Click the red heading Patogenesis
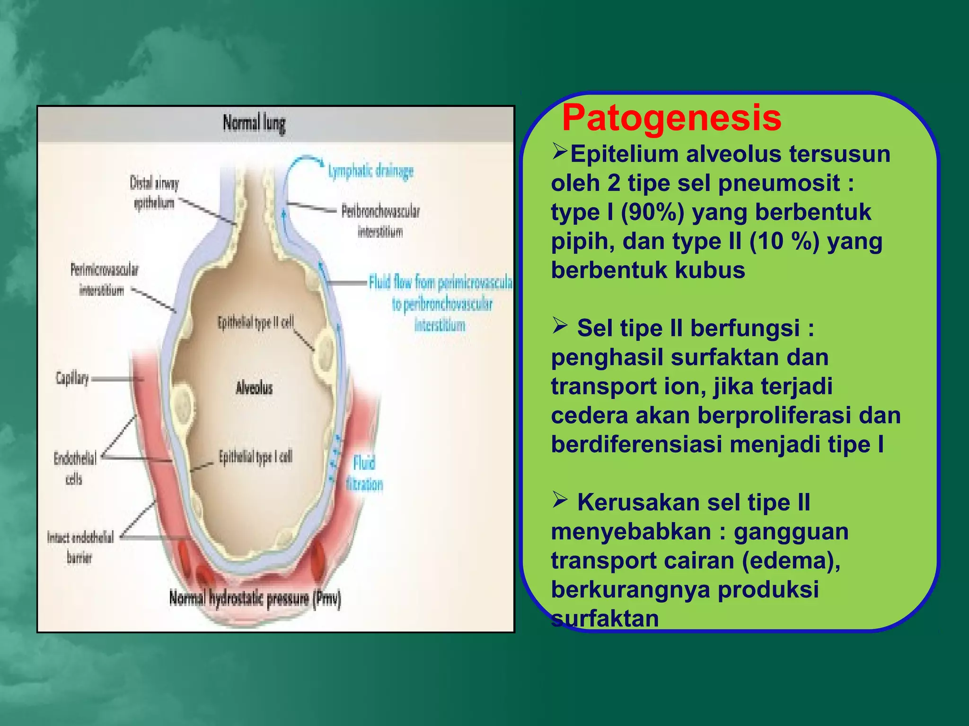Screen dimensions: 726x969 (671, 118)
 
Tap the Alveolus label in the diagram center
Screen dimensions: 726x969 (254, 388)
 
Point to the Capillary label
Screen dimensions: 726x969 (72, 378)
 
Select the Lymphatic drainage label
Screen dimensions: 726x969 (371, 171)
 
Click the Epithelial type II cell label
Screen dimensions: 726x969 (255, 323)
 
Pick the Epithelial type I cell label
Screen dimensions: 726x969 (255, 457)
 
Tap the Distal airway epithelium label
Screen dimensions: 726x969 (154, 193)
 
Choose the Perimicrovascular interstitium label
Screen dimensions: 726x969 (104, 279)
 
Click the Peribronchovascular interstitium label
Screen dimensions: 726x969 (380, 221)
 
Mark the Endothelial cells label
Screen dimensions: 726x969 (75, 468)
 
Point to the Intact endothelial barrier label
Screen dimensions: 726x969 (80, 547)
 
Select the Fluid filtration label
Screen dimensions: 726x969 (364, 474)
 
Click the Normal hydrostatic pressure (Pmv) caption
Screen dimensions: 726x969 (255, 599)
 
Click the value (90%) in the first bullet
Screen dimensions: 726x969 (652, 212)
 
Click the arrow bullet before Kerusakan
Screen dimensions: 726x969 (560, 500)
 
